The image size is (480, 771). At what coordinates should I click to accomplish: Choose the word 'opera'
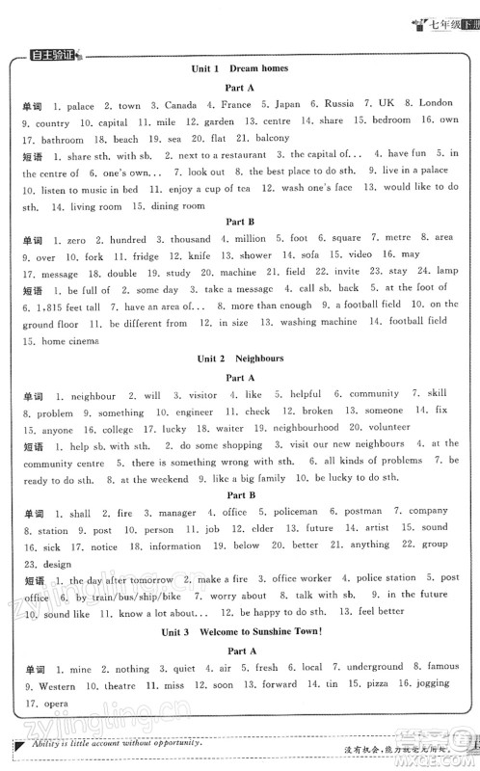50,702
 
